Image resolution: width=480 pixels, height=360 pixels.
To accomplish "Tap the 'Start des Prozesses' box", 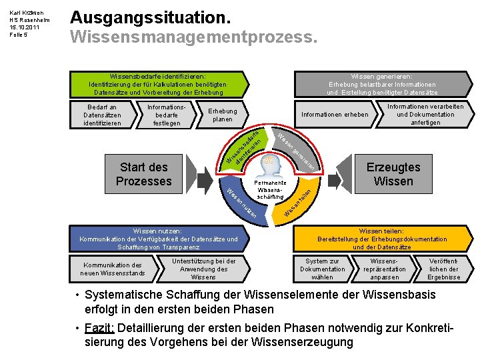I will pos(143,174).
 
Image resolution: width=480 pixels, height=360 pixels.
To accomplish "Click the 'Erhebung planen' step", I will pos(222,115).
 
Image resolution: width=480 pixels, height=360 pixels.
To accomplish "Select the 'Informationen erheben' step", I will pos(335,115).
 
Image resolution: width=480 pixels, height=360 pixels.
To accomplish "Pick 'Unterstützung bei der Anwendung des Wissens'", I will pos(203,269).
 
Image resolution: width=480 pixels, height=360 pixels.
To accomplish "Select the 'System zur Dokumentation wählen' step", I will pos(323,269).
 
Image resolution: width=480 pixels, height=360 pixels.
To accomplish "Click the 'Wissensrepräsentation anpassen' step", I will pos(385,269).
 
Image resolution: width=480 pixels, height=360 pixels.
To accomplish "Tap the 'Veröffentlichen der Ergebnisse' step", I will pos(443,269).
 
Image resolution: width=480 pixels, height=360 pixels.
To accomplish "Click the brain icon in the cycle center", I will pos(271,164).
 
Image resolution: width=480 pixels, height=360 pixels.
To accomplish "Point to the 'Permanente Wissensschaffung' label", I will pos(271,190).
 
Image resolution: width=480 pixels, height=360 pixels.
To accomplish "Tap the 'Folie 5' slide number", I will pos(17,35).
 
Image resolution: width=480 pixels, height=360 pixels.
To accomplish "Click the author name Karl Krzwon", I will pos(25,11).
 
